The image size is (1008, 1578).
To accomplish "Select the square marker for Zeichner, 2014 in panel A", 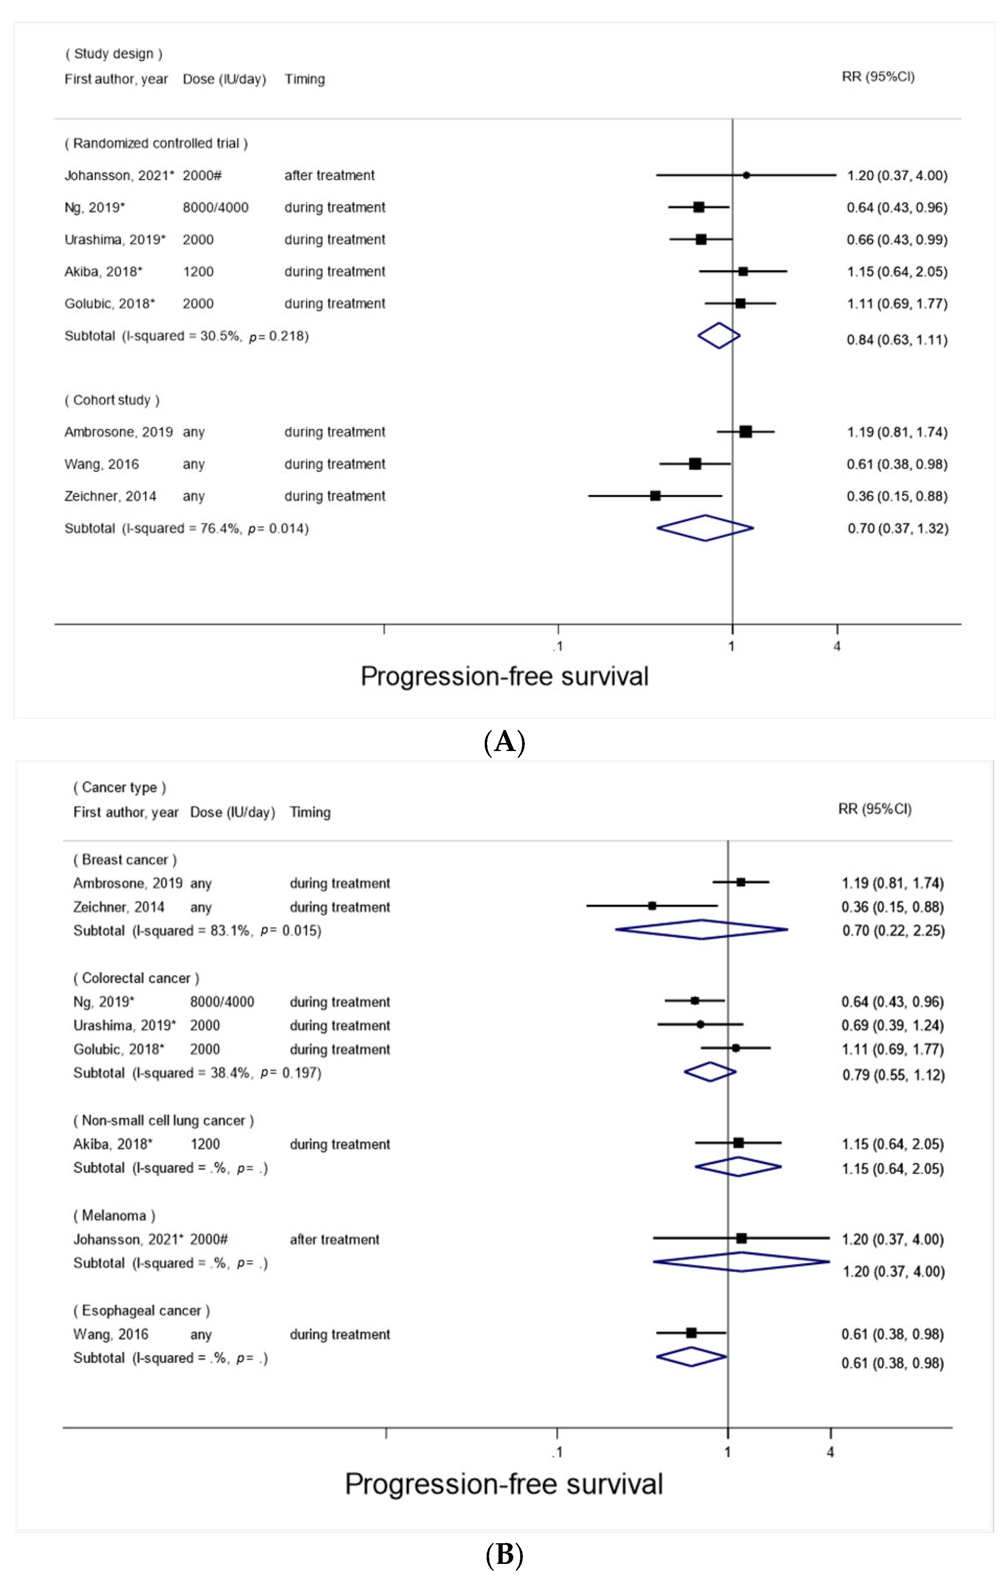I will (x=655, y=496).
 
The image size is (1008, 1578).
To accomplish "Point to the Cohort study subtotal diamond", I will (x=705, y=528).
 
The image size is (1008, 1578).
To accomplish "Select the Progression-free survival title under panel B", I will (x=503, y=1484).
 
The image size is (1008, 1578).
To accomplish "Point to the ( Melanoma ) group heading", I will (x=114, y=1215).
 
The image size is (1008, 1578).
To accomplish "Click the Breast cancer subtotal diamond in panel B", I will (x=701, y=929).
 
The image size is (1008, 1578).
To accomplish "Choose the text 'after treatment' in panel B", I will (x=334, y=1240).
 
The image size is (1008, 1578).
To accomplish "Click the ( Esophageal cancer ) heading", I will (x=142, y=1310).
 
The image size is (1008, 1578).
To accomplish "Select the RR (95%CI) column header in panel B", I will (x=874, y=809).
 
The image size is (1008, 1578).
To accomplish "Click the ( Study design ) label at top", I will (x=113, y=54).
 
